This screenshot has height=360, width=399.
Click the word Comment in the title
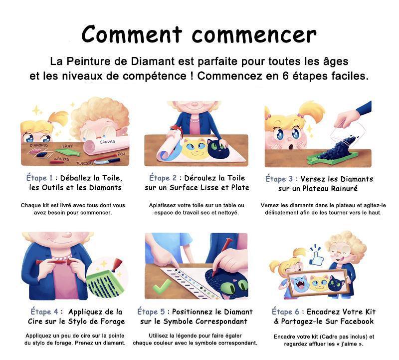click(x=132, y=34)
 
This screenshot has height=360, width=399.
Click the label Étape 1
click(x=39, y=178)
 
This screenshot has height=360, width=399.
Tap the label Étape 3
click(x=279, y=179)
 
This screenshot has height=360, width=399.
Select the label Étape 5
click(x=151, y=312)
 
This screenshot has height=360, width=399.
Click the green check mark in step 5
click(x=162, y=287)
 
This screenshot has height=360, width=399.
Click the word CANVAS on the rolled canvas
click(x=107, y=142)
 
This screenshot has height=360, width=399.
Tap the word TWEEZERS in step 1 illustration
click(x=84, y=163)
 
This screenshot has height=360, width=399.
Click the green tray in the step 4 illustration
click(x=104, y=284)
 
